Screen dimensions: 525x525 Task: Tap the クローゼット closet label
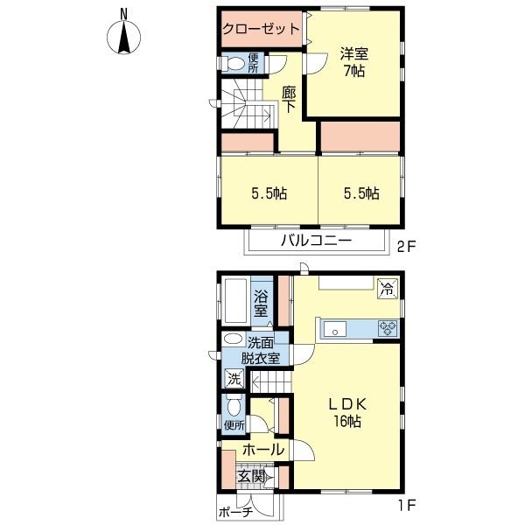(x=261, y=29)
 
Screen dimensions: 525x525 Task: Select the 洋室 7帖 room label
(x=354, y=62)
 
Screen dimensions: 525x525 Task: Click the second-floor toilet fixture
(x=234, y=63)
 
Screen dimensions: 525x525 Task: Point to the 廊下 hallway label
(x=288, y=100)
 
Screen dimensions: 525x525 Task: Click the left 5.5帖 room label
(x=269, y=193)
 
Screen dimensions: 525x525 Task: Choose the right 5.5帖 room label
(x=361, y=193)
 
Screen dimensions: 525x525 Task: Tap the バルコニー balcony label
(x=316, y=241)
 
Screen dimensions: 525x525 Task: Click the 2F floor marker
(x=406, y=248)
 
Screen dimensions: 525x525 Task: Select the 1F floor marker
(x=407, y=505)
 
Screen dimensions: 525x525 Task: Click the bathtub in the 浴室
(x=235, y=300)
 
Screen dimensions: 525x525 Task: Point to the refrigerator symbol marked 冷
(x=388, y=289)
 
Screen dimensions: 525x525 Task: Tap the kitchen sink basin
(x=335, y=329)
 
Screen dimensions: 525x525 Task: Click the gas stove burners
(x=388, y=328)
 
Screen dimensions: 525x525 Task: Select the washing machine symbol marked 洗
(x=234, y=379)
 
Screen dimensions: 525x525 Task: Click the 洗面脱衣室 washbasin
(x=234, y=339)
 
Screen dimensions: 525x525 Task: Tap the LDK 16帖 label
(x=347, y=412)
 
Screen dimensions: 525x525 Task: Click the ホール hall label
(x=263, y=450)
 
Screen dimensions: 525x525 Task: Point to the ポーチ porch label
(x=235, y=512)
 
